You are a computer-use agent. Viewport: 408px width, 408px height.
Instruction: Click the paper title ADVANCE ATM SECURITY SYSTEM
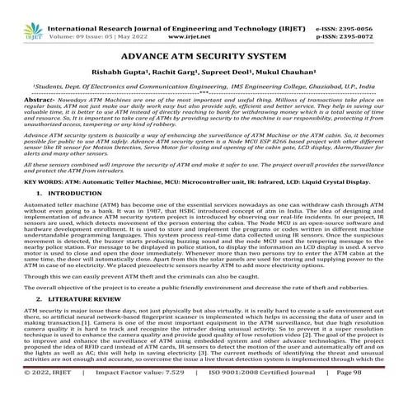[x=203, y=59]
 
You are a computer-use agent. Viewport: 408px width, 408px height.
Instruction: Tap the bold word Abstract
[x=18, y=96]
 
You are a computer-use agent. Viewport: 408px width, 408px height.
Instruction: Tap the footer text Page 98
[x=375, y=396]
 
